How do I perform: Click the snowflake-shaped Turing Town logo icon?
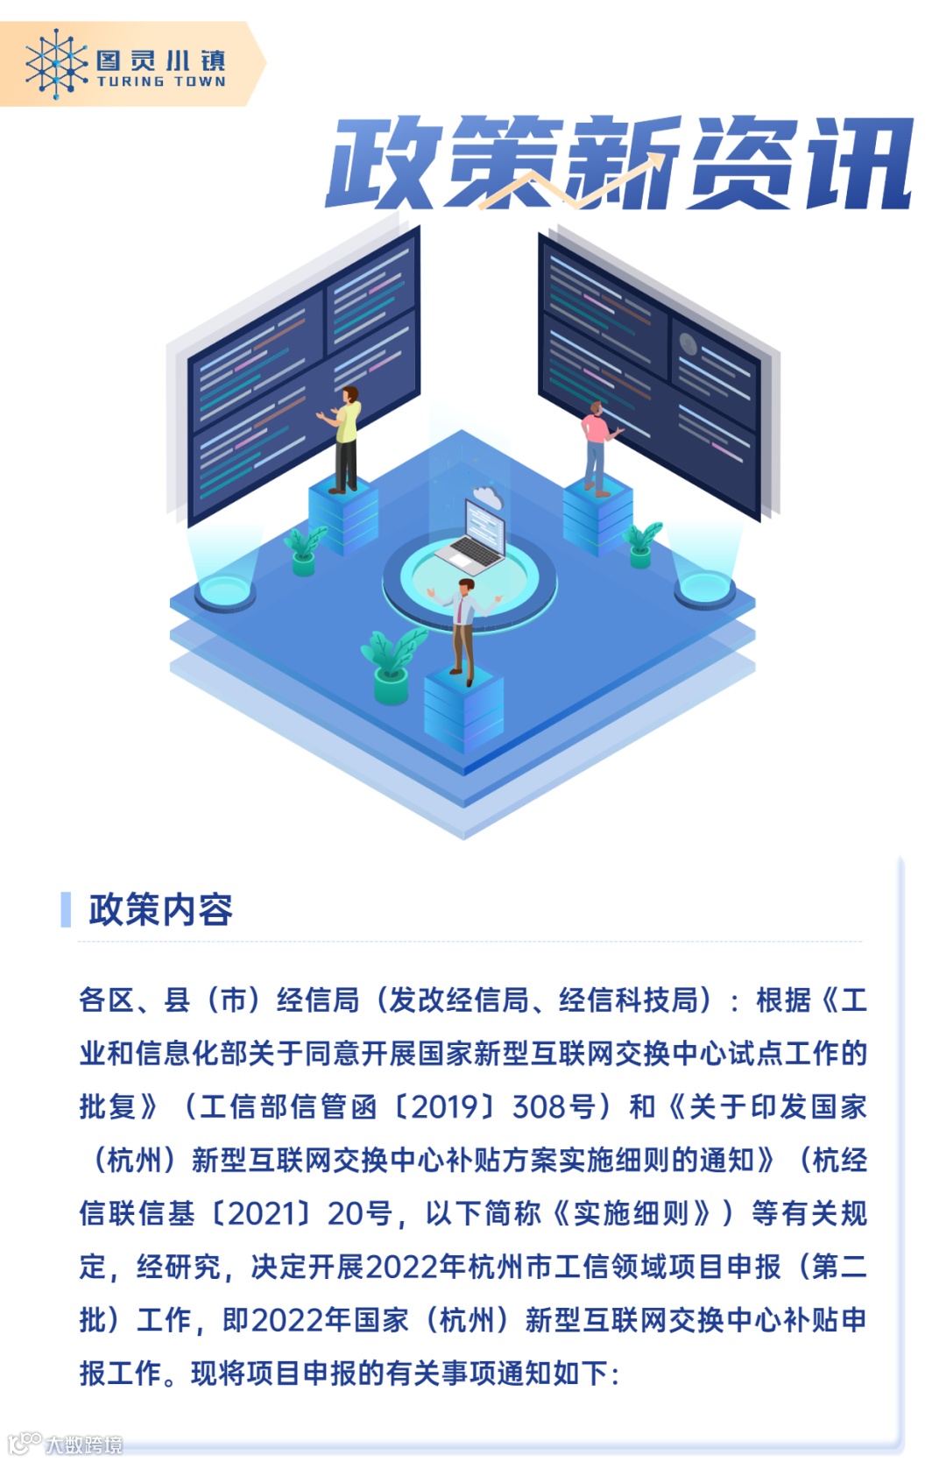pyautogui.click(x=55, y=64)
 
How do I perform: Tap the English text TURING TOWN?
pyautogui.click(x=161, y=81)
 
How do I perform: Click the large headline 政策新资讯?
pyautogui.click(x=618, y=164)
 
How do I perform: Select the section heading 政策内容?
pyautogui.click(x=161, y=909)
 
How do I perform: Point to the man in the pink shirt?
pyautogui.click(x=597, y=447)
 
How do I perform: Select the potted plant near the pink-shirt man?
pyautogui.click(x=642, y=543)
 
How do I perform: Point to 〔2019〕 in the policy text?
pyautogui.click(x=447, y=1106)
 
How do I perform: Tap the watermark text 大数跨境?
pyautogui.click(x=84, y=1444)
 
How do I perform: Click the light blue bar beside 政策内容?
pyautogui.click(x=66, y=909)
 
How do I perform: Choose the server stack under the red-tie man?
pyautogui.click(x=463, y=710)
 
